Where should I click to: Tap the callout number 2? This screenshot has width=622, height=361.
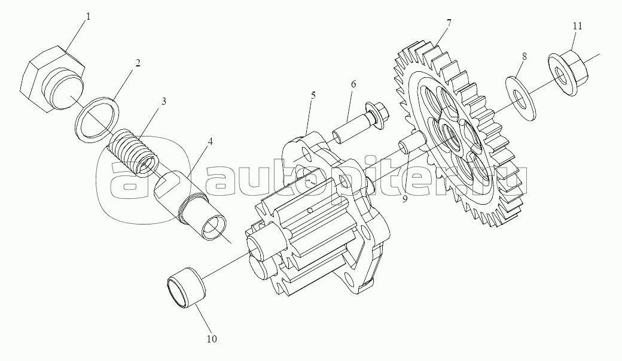coord(138,63)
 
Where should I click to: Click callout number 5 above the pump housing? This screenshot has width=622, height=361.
coord(313,95)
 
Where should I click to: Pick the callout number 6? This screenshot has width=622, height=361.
coord(353,84)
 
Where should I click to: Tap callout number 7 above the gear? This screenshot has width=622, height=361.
coord(449,23)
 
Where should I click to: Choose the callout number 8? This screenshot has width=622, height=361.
coord(524,56)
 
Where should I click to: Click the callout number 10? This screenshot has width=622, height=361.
coord(212,339)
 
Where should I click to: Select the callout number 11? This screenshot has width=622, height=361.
coord(576,26)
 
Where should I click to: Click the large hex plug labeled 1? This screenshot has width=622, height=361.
coord(51,81)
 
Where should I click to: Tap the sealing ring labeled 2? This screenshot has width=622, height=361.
coord(97,120)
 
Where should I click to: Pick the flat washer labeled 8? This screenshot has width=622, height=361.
coord(522,93)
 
